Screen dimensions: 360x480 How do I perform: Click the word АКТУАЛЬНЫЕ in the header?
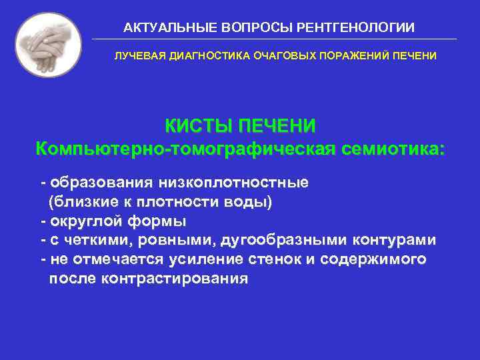pyautogui.click(x=157, y=28)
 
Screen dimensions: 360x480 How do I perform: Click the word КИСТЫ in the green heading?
pyautogui.click(x=199, y=126)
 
